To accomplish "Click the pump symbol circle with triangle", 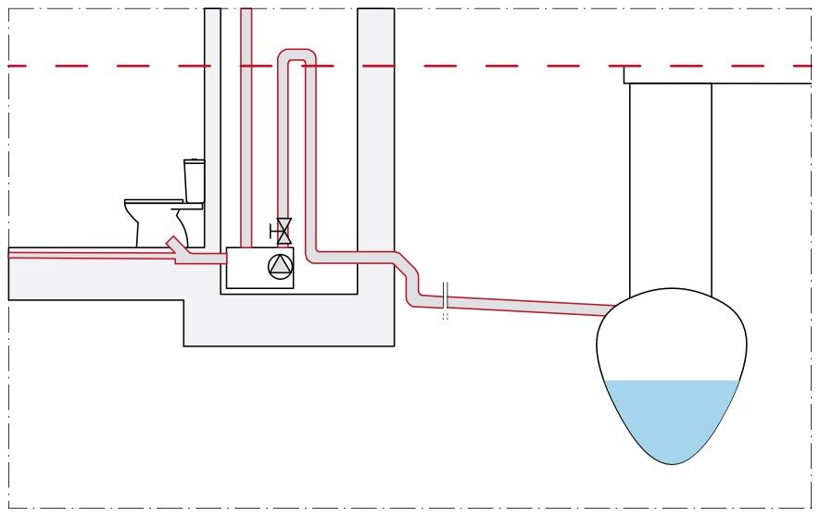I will [x=280, y=267].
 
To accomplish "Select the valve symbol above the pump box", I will [x=283, y=231].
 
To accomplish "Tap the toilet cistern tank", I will [x=194, y=181].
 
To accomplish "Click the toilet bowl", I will [x=153, y=220].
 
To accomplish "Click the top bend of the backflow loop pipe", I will [x=296, y=57].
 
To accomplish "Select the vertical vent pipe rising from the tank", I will [x=246, y=130].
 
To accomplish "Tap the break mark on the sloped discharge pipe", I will [x=446, y=296].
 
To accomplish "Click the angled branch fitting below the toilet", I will [x=177, y=246].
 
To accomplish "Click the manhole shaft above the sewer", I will [x=670, y=185].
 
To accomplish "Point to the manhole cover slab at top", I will [x=718, y=75].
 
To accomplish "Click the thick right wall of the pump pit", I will [x=375, y=139].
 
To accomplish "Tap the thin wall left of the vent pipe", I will [x=212, y=120].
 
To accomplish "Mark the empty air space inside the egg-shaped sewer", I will [x=672, y=338].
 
